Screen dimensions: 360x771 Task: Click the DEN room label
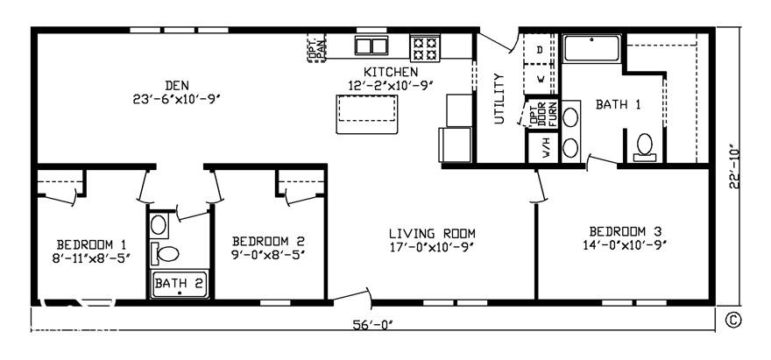[x=171, y=85]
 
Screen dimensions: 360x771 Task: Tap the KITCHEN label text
[x=391, y=71]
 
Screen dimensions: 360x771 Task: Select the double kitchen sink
[x=371, y=46]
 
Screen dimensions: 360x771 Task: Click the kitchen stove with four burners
[x=427, y=46]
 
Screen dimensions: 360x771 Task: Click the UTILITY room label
[x=499, y=98]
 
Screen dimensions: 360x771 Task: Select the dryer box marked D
[x=540, y=50]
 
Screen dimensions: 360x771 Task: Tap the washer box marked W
[x=540, y=79]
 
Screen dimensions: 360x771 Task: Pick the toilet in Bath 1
[x=645, y=145]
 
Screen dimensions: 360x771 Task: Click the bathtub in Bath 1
[x=592, y=49]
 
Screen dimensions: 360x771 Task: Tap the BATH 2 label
[x=179, y=283]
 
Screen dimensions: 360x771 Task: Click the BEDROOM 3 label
[x=625, y=231]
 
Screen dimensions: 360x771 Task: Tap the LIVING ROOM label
[x=432, y=233]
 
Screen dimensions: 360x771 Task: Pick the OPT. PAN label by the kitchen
[x=316, y=49]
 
